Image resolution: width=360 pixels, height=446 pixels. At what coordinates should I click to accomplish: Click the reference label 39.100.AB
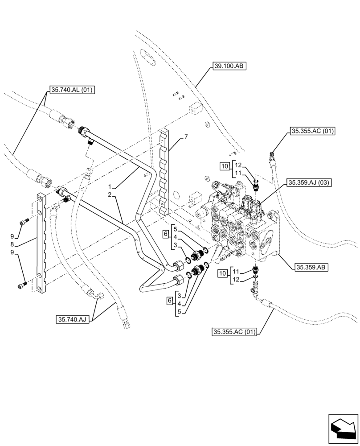[229, 66]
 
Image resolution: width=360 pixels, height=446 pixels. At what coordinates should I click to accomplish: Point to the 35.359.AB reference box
[311, 268]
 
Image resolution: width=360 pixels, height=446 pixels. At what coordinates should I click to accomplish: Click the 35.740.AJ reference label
[74, 319]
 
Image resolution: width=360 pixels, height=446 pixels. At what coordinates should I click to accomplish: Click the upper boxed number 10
[225, 166]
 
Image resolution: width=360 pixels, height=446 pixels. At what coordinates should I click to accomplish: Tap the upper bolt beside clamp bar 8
[24, 221]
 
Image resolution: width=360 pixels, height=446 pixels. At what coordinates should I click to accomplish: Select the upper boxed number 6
[165, 234]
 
